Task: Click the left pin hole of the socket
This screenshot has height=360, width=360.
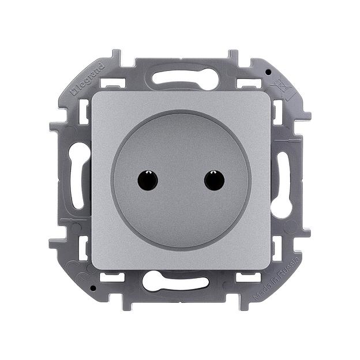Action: coord(148,181)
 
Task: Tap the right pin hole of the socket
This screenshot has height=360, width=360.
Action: coord(214,181)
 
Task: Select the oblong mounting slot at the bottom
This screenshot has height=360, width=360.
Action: coord(177,282)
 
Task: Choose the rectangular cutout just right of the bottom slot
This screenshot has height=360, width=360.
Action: coord(246,277)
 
